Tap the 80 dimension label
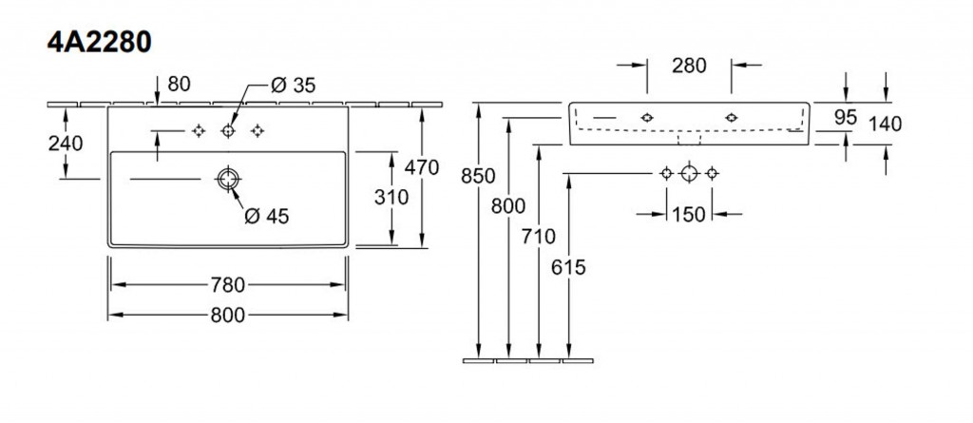179,84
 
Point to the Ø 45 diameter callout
266,216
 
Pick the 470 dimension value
420,168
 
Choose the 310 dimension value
391,198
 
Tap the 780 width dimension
228,284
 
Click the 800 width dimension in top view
228,314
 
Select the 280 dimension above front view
689,66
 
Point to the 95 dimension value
845,118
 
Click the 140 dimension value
885,123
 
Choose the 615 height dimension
568,268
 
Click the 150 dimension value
689,215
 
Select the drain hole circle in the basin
228,178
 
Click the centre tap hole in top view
228,130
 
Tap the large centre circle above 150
690,173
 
